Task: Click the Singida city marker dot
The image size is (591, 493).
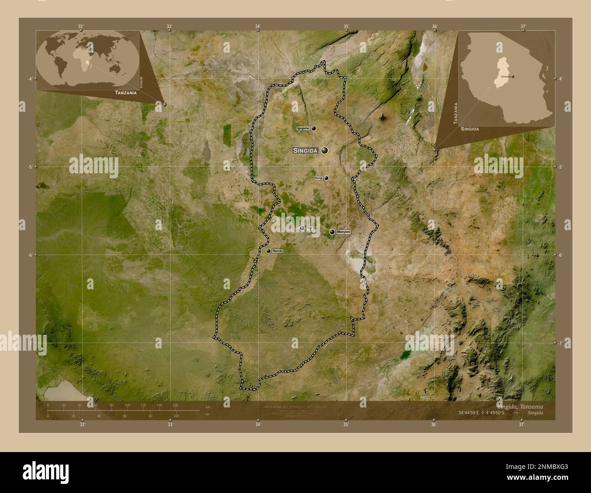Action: coord(324,150)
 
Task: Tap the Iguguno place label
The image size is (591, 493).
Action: coord(303,128)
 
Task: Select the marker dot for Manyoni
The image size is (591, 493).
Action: coord(332,232)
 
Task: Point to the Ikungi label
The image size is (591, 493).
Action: coord(318,178)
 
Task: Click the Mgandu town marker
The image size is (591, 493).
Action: coord(269,251)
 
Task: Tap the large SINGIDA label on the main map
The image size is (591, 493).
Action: coord(305,150)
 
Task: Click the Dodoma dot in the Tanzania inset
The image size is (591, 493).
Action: coord(513,77)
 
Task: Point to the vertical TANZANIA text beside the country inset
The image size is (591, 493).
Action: coord(455,113)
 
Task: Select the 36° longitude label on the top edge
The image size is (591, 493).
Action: coord(434,26)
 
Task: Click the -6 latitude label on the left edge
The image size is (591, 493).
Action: coord(30,255)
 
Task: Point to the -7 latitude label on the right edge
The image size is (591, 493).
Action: coord(561,343)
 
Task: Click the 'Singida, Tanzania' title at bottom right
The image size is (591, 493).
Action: coord(520,406)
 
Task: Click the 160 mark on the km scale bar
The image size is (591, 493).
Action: coord(175,405)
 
